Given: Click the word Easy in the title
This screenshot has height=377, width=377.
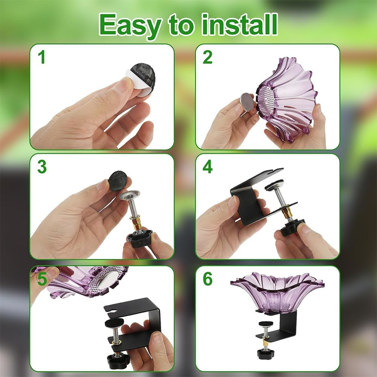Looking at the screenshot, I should point(129,25).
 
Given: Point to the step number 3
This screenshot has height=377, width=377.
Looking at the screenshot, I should point(42,167).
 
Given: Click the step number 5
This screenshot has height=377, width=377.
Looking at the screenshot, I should point(42,279).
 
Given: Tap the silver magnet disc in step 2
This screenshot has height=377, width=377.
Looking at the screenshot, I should point(247,102).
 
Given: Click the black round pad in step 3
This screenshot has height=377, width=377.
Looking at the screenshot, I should point(118,181).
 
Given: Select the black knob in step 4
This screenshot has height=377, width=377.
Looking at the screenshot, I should point(292,228).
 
